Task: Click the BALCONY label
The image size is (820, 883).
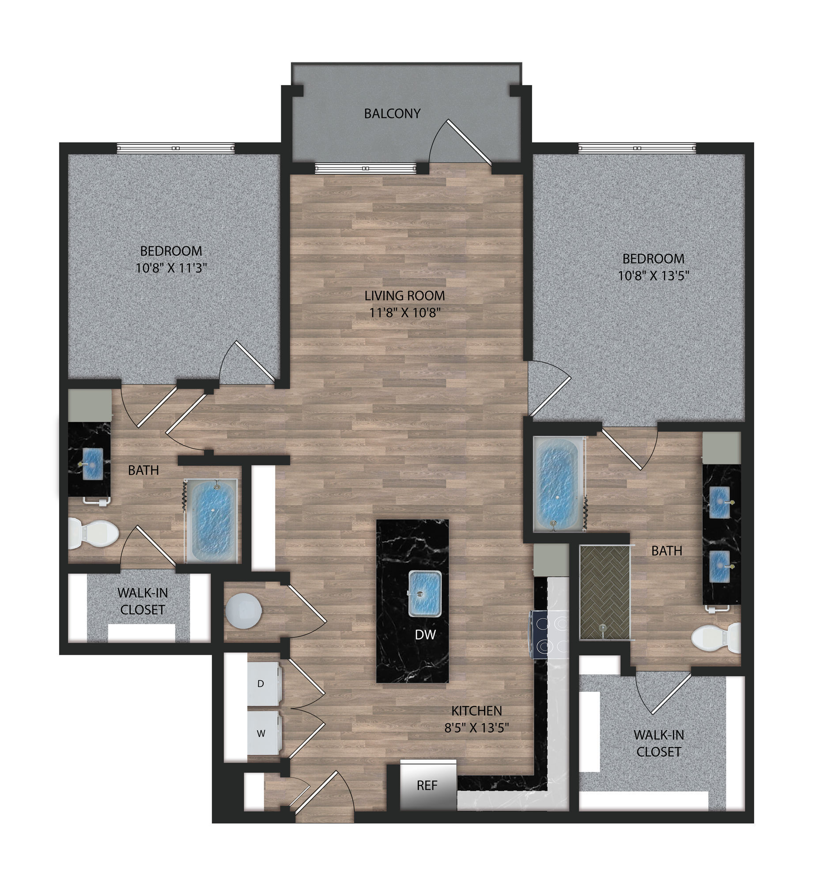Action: click(x=392, y=113)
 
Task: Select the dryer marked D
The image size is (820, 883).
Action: click(x=263, y=684)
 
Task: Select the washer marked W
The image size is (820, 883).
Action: click(x=263, y=733)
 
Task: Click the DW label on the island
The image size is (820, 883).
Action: click(x=425, y=634)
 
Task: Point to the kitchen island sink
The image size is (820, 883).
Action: click(x=425, y=594)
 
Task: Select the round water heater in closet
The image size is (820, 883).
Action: click(x=243, y=611)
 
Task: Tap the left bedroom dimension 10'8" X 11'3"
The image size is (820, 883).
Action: click(x=171, y=268)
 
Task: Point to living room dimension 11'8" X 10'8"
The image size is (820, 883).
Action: click(x=404, y=313)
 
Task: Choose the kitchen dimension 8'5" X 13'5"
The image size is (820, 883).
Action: click(x=476, y=728)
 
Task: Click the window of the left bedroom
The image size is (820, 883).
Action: click(x=176, y=148)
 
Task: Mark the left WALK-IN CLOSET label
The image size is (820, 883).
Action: click(x=143, y=601)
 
